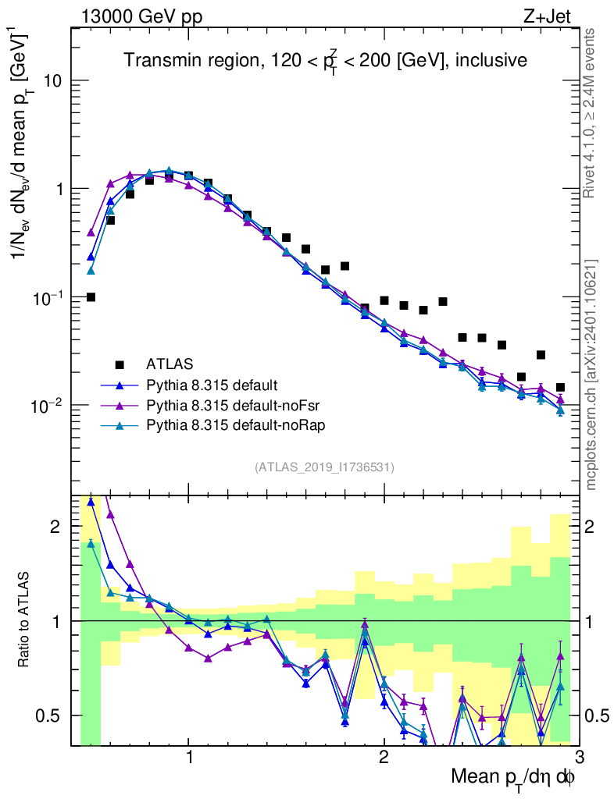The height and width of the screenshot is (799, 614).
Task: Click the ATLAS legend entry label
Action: tap(169, 364)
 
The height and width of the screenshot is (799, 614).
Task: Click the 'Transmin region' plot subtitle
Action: tap(325, 60)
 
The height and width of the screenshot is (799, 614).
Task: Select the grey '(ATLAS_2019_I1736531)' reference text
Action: tap(324, 467)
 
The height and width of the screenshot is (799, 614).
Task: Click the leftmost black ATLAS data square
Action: tap(91, 297)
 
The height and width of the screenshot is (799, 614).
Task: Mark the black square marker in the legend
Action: tap(120, 364)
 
